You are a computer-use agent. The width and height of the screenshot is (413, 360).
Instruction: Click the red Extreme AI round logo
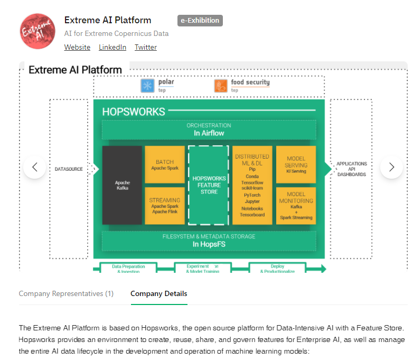37,32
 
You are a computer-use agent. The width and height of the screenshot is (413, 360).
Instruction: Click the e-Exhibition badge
200,21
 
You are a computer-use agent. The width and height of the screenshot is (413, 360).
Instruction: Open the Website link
77,47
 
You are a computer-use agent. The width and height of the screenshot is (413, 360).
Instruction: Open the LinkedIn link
112,47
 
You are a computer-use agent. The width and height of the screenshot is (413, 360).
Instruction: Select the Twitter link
146,47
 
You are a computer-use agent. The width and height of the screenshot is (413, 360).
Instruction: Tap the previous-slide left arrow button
35,167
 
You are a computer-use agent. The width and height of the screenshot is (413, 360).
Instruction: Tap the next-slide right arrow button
391,167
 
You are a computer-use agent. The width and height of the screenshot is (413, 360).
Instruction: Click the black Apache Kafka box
122,186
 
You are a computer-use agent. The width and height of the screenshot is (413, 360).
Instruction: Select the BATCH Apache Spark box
165,164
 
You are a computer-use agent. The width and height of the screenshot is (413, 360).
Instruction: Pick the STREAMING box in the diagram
165,206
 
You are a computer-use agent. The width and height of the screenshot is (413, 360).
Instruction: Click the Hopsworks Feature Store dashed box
209,186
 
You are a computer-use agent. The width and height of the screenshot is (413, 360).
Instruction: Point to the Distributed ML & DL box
252,186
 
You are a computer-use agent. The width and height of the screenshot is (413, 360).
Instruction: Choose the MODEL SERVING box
296,164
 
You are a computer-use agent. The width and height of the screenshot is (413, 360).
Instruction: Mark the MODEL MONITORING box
296,206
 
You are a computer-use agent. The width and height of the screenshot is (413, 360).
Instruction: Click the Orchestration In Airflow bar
209,130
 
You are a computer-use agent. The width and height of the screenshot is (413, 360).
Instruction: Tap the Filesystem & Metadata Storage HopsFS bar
209,241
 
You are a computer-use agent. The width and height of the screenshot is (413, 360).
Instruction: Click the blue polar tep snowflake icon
147,86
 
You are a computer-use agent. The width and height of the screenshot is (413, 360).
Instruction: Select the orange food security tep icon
221,86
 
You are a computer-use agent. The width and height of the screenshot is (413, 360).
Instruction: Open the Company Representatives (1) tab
66,293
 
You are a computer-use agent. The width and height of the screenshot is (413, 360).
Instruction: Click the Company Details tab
158,293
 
